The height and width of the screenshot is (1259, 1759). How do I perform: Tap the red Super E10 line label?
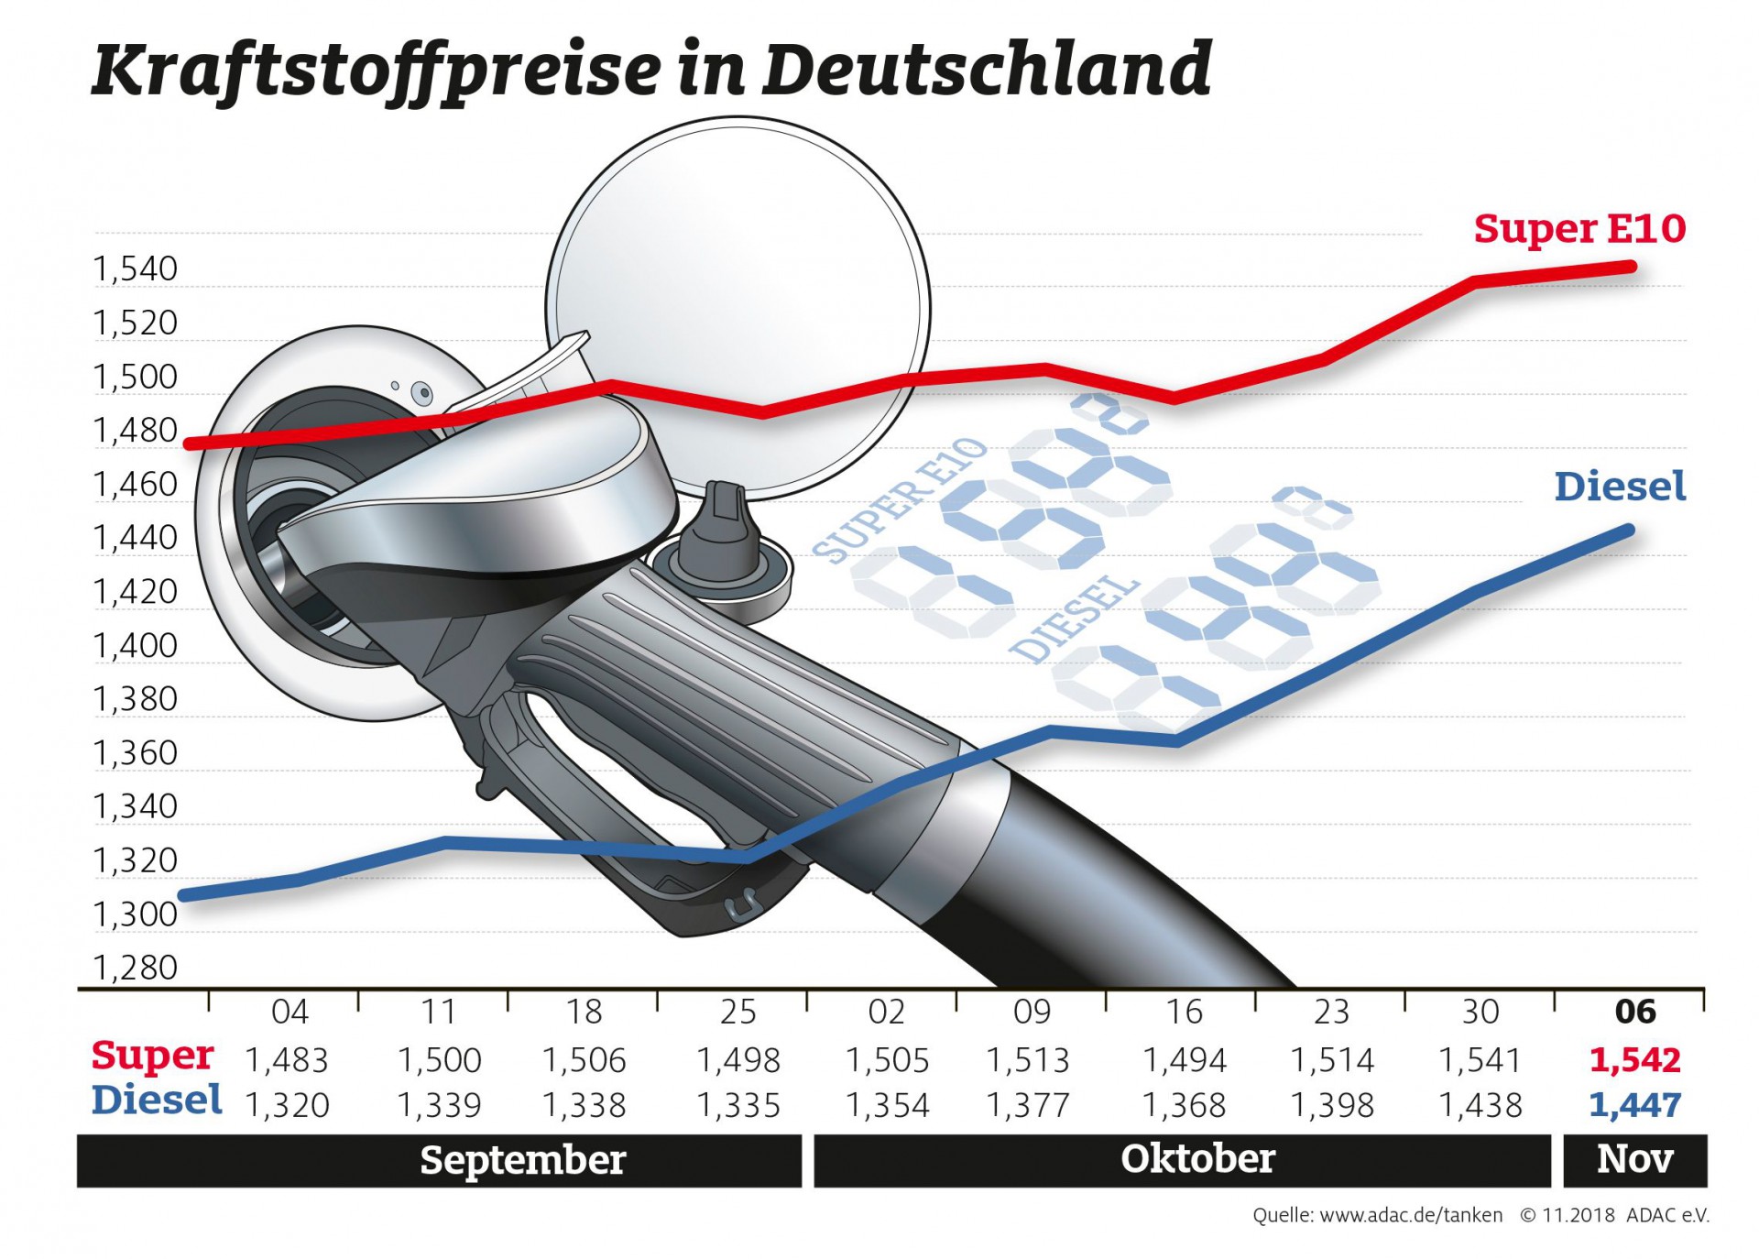(1579, 228)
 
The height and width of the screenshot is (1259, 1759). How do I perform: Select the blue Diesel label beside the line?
(1620, 487)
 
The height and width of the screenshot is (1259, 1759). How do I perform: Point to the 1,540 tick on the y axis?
(136, 269)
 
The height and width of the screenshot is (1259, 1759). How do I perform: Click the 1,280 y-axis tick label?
(136, 968)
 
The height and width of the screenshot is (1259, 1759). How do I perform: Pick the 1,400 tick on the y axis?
(136, 646)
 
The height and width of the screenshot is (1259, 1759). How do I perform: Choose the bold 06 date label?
(1635, 1012)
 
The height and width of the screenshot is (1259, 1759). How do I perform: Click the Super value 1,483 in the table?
(287, 1060)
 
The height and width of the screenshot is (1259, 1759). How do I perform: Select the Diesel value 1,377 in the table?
(1028, 1105)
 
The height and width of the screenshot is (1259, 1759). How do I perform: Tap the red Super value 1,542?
(1635, 1060)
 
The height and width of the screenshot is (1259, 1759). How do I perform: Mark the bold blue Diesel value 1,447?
(1635, 1105)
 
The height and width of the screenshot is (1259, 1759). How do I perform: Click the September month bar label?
(523, 1160)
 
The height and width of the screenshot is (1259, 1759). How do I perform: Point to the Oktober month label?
(1197, 1159)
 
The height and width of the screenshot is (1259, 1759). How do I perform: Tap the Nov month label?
(1635, 1159)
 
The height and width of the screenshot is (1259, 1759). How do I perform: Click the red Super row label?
(153, 1056)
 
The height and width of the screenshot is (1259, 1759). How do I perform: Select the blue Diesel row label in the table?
(157, 1100)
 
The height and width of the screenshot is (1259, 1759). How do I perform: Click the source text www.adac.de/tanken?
(1411, 1216)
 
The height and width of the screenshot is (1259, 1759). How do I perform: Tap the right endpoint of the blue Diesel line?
(1630, 530)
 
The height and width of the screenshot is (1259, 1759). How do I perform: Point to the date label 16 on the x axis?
(1184, 1012)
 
